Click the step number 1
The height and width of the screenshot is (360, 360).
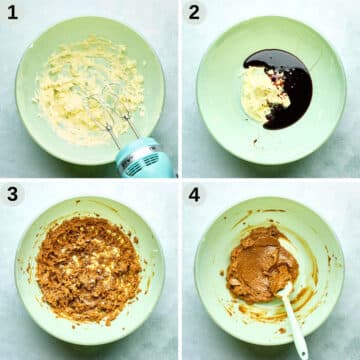click(12, 13)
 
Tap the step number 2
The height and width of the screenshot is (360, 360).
click(194, 13)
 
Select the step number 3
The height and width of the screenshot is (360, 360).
click(12, 194)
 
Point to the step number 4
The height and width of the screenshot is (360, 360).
click(194, 194)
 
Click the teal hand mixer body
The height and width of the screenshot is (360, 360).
click(145, 158)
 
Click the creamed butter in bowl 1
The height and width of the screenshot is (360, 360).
click(88, 90)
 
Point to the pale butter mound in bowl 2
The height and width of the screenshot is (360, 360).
click(263, 94)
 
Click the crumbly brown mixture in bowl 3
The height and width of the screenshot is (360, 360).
click(88, 268)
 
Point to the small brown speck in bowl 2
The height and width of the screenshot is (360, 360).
click(255, 141)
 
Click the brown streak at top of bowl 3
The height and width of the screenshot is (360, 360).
click(100, 204)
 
